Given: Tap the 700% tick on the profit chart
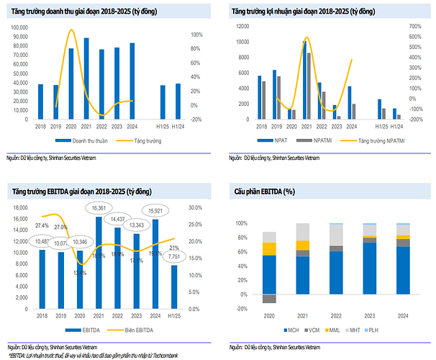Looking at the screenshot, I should pos(414,26).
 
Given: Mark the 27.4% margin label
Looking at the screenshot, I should pos(42,225).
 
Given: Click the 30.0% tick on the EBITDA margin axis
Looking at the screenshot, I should pos(196,207).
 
